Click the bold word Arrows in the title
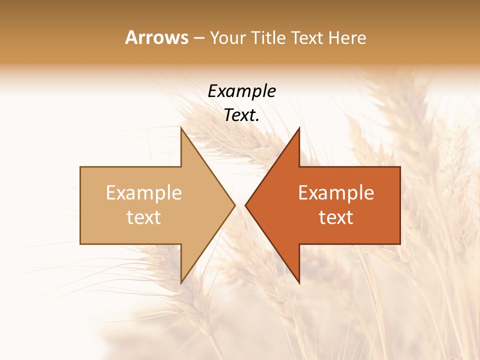coord(157,37)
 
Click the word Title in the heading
coord(269,37)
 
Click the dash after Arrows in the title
coord(198,38)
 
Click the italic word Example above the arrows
coord(241,91)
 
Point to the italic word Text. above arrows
coord(241,115)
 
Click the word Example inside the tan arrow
coord(144,192)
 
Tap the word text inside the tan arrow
coord(144,217)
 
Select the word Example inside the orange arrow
coord(336,192)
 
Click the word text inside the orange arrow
coord(336,217)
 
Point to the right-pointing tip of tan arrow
coord(234,205)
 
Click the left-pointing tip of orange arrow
coord(245,205)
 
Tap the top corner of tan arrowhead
coord(181,128)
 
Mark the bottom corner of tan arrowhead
coord(181,282)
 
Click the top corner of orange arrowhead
coord(299,128)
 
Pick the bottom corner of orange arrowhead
coord(299,282)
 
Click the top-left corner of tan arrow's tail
coord(80,167)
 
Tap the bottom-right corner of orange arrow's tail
coord(400,243)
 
